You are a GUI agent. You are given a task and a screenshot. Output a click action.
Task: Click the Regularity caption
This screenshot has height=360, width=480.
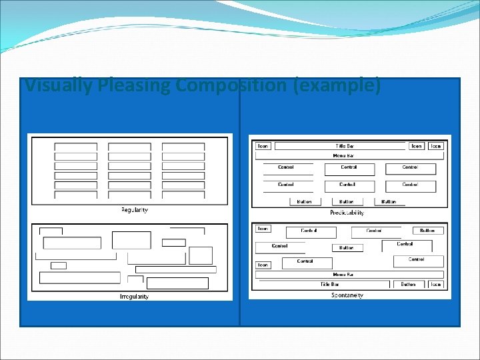[x=135, y=210]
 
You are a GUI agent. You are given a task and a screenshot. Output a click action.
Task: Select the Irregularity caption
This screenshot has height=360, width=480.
[x=134, y=296]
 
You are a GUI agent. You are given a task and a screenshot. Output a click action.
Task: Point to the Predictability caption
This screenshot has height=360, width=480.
[x=347, y=213]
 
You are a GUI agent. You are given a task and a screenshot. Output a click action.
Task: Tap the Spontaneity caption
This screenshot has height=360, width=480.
[x=347, y=295]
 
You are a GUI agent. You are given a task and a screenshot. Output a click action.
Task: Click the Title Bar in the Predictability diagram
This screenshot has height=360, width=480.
[x=345, y=146]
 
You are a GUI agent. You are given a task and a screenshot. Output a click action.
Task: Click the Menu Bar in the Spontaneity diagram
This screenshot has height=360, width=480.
[x=343, y=274]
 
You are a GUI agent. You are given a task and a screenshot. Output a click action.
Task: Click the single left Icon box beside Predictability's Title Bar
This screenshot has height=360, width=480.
[x=263, y=146]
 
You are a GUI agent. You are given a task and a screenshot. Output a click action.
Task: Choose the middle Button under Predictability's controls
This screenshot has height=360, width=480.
[x=347, y=201]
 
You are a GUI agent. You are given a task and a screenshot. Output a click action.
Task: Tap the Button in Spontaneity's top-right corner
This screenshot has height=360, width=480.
[x=427, y=231]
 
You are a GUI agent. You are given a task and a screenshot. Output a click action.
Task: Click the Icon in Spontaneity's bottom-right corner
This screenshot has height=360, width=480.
[x=435, y=284]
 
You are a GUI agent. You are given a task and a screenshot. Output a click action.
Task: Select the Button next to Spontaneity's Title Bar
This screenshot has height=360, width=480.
[x=408, y=284]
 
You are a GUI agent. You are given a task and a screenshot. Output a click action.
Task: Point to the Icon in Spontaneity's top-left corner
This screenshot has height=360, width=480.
[x=263, y=229]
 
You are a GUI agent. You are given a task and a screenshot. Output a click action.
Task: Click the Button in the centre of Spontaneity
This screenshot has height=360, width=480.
[x=347, y=248]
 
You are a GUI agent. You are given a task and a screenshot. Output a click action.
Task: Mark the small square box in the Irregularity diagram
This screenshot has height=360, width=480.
[x=59, y=265]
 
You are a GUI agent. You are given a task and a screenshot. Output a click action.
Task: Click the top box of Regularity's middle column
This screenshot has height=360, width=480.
[x=129, y=147]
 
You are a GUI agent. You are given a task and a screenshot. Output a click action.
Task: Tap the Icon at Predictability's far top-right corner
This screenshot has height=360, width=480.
[x=436, y=146]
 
